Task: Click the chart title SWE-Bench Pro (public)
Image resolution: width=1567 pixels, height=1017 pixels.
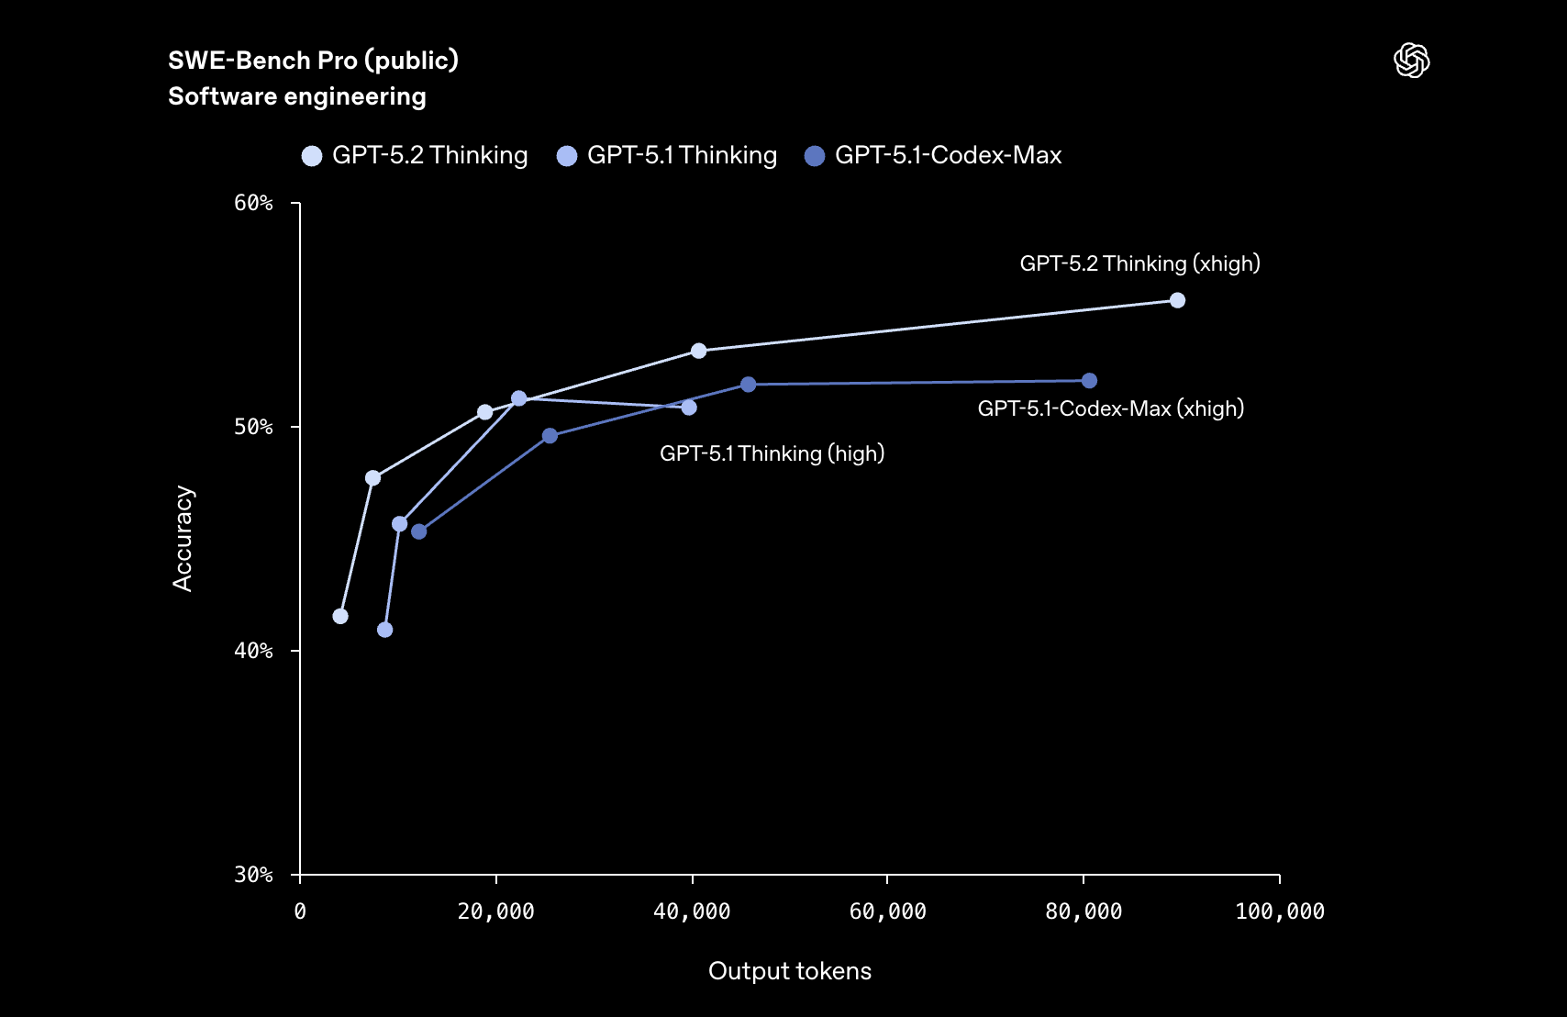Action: (x=313, y=61)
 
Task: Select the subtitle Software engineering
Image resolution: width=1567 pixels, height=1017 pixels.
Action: (x=296, y=96)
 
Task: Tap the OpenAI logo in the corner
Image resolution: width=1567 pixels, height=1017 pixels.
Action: (x=1411, y=61)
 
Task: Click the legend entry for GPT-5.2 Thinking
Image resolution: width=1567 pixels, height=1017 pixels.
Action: (x=415, y=155)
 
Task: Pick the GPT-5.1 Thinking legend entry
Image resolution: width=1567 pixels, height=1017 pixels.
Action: (x=668, y=155)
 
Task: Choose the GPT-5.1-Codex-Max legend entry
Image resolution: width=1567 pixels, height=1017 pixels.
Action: (x=933, y=155)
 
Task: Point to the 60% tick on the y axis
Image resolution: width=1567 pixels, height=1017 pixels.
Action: (x=253, y=203)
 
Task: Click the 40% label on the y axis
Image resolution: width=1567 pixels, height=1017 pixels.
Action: (x=253, y=651)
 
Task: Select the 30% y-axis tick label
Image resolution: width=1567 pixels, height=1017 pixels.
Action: (x=253, y=875)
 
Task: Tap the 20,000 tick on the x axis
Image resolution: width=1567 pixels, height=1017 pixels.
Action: (x=495, y=911)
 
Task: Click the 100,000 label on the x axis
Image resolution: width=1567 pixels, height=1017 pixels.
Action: (x=1279, y=911)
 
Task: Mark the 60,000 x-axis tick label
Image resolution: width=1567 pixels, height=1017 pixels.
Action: (x=887, y=911)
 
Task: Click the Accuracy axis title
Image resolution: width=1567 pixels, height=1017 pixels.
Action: (x=183, y=538)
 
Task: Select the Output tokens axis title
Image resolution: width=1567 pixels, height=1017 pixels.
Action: (x=789, y=971)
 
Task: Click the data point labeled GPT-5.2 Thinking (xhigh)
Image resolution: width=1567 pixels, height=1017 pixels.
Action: (x=1177, y=300)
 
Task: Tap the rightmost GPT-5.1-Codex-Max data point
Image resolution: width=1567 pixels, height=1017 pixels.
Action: (x=1089, y=381)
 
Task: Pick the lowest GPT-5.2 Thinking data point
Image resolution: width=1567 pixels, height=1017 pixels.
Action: (x=340, y=616)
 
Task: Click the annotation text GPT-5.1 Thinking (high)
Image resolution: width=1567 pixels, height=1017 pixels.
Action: (x=772, y=453)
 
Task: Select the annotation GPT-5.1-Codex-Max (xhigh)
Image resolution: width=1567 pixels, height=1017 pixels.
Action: (x=1110, y=408)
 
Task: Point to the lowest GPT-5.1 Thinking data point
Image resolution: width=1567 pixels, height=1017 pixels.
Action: (x=384, y=630)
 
